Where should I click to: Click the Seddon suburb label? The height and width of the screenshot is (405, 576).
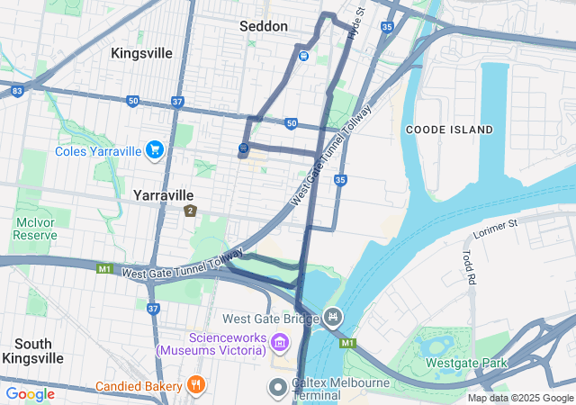coord(262,26)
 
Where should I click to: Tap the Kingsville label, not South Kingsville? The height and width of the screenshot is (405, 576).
coord(141,53)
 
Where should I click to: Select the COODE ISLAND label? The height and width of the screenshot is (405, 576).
coord(449,130)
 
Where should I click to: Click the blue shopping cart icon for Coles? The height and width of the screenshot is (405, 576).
coord(155,149)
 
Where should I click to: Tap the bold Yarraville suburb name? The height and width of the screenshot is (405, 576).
coord(163,194)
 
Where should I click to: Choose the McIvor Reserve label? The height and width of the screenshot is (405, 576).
coord(36,229)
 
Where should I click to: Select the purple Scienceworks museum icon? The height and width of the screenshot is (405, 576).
coord(280,342)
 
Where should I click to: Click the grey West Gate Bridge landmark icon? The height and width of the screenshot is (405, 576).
coord(333,317)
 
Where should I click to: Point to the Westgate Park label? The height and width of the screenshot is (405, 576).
coord(466,364)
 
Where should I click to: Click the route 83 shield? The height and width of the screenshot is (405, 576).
coord(17,91)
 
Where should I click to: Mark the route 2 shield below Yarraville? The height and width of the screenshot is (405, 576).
coord(190,211)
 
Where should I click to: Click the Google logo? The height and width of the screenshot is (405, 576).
coord(30,393)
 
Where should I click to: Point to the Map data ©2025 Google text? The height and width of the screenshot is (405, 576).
coord(519,398)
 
